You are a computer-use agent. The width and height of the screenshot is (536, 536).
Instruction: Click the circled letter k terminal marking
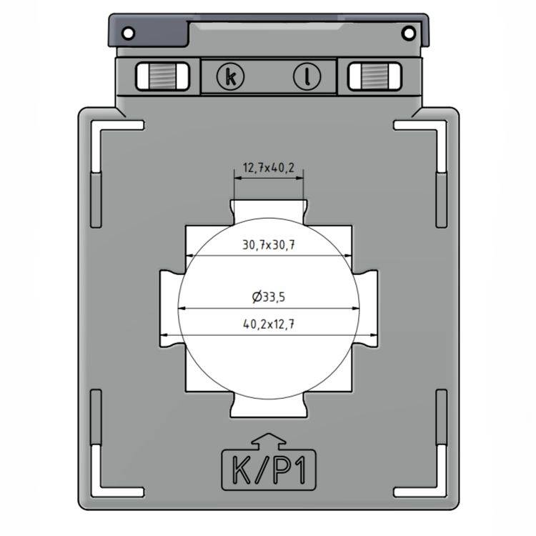[231, 76]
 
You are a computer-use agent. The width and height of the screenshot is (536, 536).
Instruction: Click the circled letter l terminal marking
[307, 76]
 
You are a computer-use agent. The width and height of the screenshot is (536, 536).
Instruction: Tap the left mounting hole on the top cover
[128, 34]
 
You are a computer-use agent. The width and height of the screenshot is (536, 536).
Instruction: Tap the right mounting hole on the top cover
[409, 34]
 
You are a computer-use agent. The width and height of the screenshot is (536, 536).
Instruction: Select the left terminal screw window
[162, 76]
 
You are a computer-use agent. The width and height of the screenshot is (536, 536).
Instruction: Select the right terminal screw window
[374, 76]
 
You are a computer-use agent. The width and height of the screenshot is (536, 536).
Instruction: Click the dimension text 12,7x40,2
[269, 168]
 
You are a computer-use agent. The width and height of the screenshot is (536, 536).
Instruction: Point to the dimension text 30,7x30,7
[269, 245]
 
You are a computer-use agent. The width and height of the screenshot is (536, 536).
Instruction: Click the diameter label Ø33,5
[269, 297]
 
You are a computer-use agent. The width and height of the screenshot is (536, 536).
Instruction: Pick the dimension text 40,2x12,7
[269, 324]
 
